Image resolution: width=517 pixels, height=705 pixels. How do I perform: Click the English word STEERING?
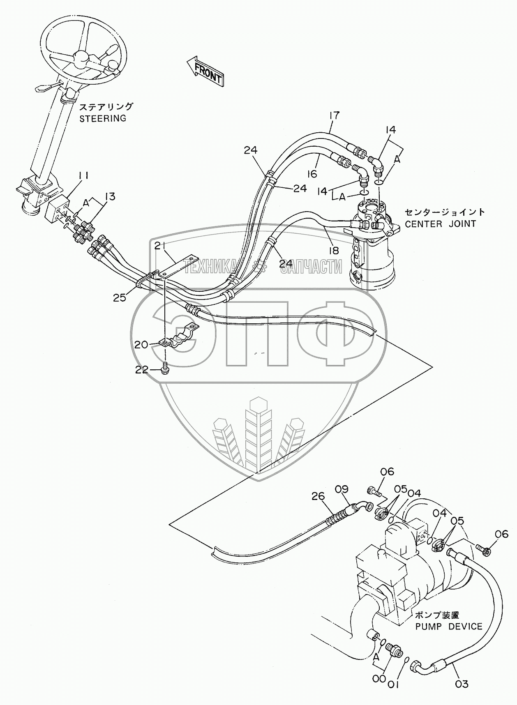[102, 118]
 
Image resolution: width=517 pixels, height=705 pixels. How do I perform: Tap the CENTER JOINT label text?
[440, 224]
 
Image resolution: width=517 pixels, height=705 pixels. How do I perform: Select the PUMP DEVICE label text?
[448, 627]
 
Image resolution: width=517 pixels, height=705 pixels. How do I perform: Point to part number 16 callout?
[312, 174]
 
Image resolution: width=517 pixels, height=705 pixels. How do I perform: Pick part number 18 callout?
[333, 250]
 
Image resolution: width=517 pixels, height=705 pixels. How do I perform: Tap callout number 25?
[120, 297]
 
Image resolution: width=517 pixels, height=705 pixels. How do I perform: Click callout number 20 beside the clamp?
[141, 344]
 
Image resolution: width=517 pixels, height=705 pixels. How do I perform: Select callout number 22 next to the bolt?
[141, 370]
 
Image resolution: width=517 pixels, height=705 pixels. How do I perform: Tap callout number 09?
[341, 489]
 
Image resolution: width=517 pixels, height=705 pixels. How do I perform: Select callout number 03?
[462, 684]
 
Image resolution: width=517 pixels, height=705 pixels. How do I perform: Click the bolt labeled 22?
[165, 368]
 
